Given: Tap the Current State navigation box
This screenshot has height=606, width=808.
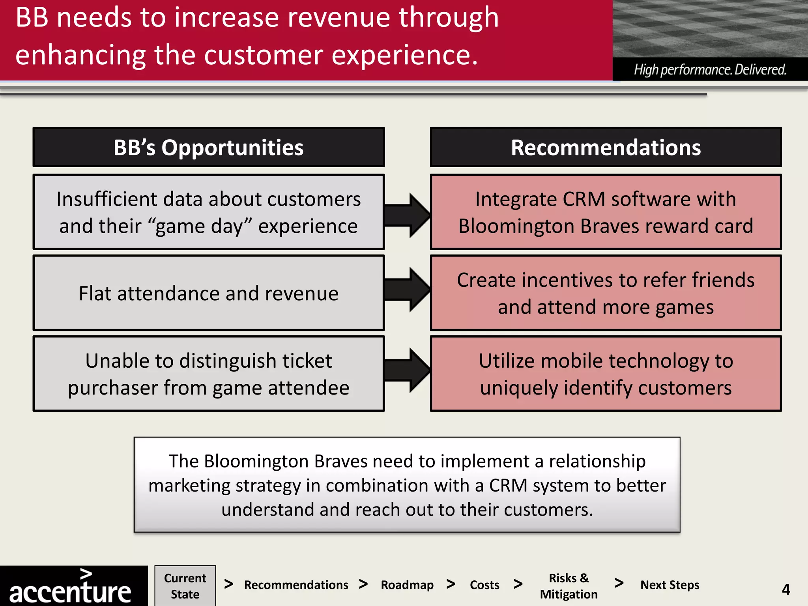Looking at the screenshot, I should pos(185,586).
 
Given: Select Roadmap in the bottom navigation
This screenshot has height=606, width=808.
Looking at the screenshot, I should pos(407,585).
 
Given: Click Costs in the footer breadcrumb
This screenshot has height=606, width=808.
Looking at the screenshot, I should pos(484,585).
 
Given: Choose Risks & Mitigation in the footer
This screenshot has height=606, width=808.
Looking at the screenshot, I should pos(568,586).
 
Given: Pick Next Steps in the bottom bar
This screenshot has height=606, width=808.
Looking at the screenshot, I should pos(670,585).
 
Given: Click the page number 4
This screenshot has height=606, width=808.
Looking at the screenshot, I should pos(786,590).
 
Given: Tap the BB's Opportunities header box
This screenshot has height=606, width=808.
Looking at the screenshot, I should pos(209,147).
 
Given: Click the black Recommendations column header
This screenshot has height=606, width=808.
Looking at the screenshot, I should pos(606,147).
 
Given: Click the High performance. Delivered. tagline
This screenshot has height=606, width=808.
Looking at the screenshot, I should pos(710,70).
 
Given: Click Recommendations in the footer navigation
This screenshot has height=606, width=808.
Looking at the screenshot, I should pos(296,585).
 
